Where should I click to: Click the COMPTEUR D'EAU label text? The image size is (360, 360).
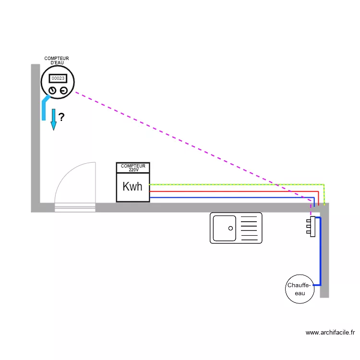tap(57, 60)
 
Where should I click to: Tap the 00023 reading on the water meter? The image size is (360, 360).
tap(58, 78)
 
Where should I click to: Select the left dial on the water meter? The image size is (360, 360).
tap(52, 90)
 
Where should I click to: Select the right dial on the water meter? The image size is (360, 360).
tap(63, 90)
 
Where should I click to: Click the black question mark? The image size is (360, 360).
tap(61, 117)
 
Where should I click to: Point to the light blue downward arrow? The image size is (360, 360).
tap(53, 120)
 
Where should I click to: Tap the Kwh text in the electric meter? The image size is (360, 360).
tap(132, 186)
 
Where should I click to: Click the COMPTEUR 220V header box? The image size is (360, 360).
tap(133, 168)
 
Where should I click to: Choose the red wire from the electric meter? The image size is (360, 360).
tap(234, 191)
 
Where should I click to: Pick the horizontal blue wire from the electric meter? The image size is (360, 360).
tap(232, 197)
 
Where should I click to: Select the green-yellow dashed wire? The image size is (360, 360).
tap(237, 185)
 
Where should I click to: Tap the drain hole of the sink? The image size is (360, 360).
tap(230, 228)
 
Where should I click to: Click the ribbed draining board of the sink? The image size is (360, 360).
tap(249, 228)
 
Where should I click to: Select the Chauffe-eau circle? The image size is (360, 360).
tap(300, 289)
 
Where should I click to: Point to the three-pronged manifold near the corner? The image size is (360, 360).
tap(311, 227)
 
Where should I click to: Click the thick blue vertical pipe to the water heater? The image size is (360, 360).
tap(321, 252)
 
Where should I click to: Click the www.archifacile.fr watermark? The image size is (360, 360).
tap(330, 333)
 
